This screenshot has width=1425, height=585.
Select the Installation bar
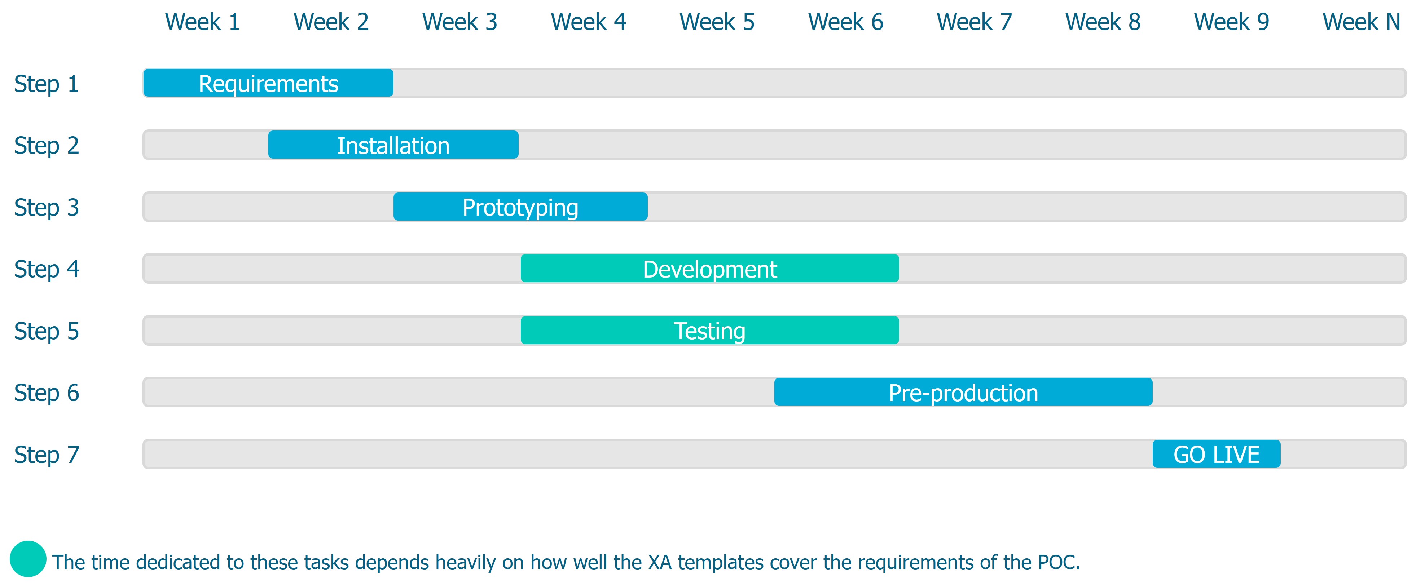click(x=393, y=145)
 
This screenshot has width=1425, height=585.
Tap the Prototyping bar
click(x=520, y=207)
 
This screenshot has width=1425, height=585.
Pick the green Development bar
click(x=710, y=269)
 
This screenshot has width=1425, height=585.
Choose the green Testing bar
click(x=710, y=331)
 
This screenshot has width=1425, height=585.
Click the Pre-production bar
click(x=963, y=393)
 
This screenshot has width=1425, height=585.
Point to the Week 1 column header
click(x=202, y=22)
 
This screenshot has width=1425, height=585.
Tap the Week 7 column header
click(x=974, y=22)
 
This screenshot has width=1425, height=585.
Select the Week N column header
click(x=1361, y=22)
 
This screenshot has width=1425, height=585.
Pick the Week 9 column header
click(x=1231, y=22)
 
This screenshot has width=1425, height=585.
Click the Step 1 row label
click(x=47, y=84)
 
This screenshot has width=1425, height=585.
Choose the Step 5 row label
click(x=47, y=331)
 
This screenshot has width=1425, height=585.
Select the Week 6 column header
click(x=845, y=22)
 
